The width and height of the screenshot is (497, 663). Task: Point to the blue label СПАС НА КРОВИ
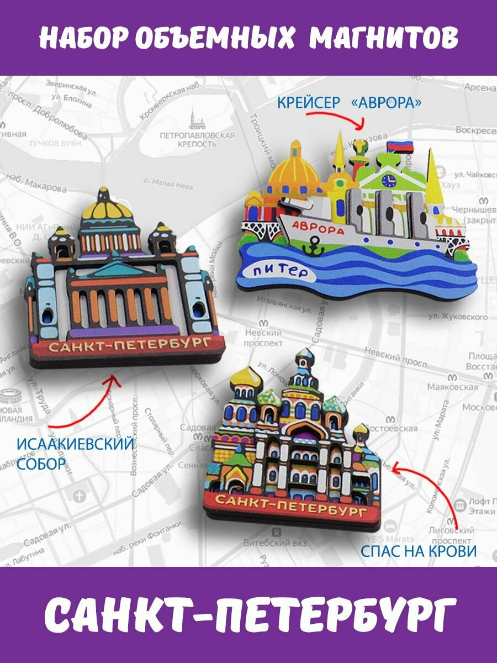point(418,551)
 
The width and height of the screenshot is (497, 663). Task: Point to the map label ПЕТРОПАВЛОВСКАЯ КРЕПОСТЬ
point(197,139)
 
